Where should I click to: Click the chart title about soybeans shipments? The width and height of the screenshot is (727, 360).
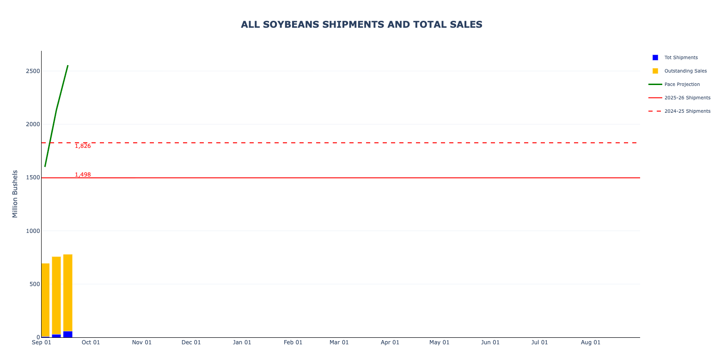[361, 24]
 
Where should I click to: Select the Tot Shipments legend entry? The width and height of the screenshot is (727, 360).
[681, 57]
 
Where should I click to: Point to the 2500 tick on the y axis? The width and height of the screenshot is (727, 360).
[33, 71]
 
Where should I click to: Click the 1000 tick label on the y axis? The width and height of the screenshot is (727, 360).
[33, 231]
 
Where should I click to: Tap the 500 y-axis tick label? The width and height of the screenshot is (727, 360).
[35, 284]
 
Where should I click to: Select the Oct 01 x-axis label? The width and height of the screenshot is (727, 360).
[91, 342]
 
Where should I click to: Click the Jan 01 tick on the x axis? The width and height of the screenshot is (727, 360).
[242, 342]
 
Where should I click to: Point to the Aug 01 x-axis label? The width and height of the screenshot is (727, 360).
[591, 342]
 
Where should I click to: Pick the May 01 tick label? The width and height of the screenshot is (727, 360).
[440, 342]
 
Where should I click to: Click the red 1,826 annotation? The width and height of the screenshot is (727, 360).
[83, 146]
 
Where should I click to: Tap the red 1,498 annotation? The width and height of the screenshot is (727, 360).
[83, 175]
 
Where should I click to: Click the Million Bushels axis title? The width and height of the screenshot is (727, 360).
[15, 194]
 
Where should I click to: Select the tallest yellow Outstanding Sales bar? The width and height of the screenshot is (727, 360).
[68, 293]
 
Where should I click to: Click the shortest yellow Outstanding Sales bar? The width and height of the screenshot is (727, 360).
[45, 300]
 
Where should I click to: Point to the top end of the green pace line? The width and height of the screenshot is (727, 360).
[68, 66]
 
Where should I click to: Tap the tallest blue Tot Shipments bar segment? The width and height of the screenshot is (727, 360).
[68, 335]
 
